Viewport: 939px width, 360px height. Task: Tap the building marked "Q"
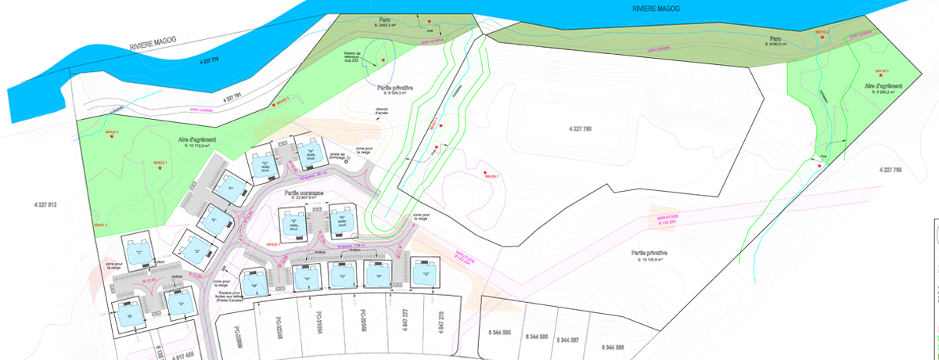pyautogui.click(x=426, y=275)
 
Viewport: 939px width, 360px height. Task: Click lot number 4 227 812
pyautogui.click(x=46, y=204)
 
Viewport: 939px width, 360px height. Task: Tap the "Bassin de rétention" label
pyautogui.click(x=356, y=56)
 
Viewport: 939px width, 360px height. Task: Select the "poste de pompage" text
pyautogui.click(x=337, y=156)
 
